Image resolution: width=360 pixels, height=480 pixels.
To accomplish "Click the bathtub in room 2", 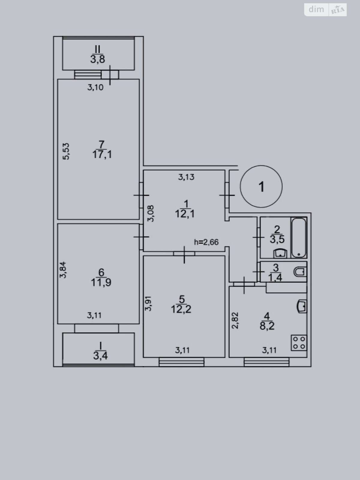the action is coord(299,238).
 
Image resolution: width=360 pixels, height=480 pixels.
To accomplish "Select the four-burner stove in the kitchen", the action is coord(299,343).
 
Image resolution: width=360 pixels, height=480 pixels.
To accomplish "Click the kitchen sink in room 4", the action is coord(301,306).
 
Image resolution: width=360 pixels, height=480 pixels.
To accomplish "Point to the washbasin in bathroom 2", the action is coord(280,253).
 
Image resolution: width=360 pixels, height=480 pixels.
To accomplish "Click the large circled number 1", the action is coord(261,186).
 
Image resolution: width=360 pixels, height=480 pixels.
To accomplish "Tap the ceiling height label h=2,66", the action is coord(206,242).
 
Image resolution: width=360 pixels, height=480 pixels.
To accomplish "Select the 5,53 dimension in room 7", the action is coord(66,151).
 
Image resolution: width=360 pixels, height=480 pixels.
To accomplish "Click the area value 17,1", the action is coord(102,155).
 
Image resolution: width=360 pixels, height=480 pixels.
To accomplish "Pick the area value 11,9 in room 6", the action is coord(101,282).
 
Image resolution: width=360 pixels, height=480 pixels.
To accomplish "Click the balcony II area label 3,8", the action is coord(98,59).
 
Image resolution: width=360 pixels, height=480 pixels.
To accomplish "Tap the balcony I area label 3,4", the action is coord(100,355).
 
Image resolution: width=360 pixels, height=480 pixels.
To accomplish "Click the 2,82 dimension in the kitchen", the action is coord(235,320).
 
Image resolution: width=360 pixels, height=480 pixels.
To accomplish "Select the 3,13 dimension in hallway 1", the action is coord(186,177).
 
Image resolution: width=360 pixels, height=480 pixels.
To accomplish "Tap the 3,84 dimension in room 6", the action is coord(63,270).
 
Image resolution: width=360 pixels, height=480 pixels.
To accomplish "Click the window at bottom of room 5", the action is coord(181,362).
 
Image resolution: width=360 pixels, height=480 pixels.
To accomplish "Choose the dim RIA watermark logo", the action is coord(325,10).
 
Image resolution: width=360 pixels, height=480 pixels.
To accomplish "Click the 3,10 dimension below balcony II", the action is coord(95,88).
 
